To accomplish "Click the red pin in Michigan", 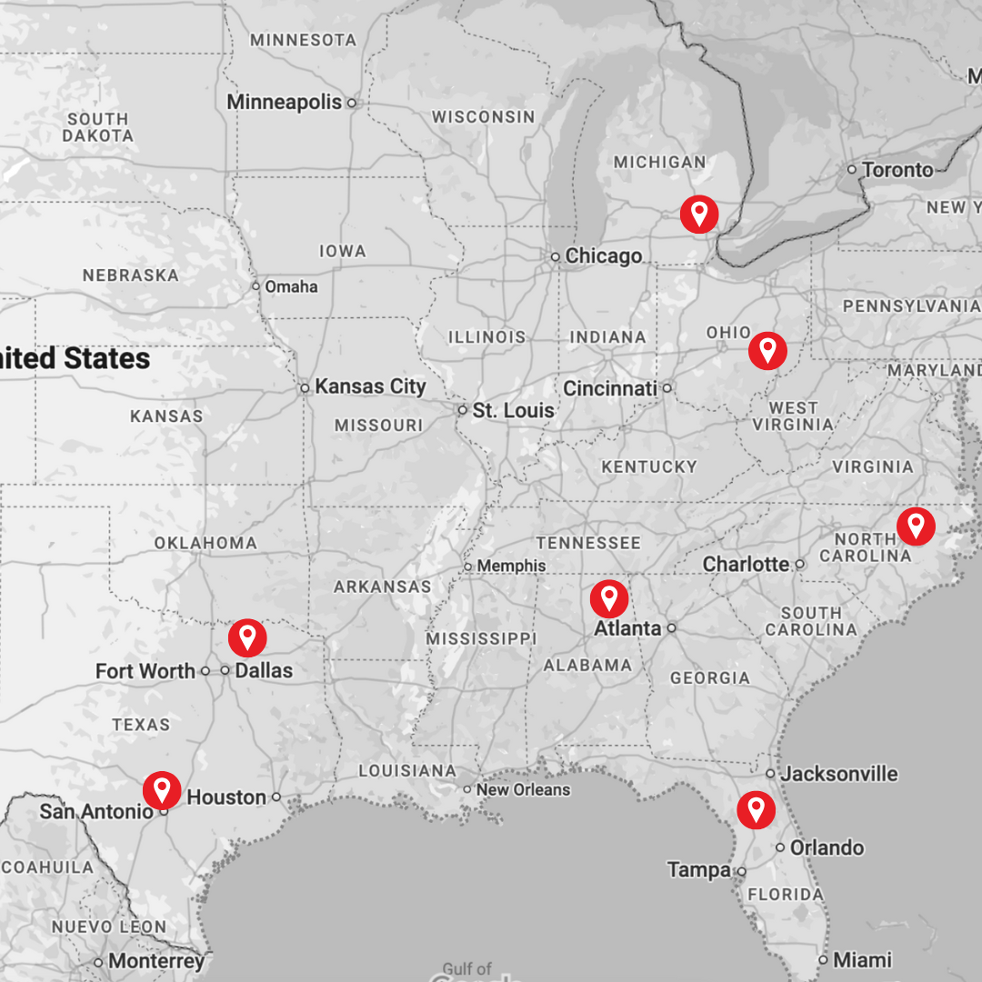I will tap(699, 215).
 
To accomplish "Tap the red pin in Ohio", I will tap(767, 349).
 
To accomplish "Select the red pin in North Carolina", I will tap(916, 526).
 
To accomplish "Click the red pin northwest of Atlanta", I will tap(609, 598).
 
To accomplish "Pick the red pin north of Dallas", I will tap(247, 637).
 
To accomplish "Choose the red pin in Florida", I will tap(756, 808).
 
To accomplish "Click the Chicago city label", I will tap(603, 256).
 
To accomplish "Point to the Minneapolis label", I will tap(284, 102).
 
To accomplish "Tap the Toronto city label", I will tap(897, 170).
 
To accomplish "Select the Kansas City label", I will tap(370, 386).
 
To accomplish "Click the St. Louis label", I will tap(513, 411).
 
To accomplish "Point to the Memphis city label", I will tap(511, 566).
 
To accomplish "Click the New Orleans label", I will tap(523, 789).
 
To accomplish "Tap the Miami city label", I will tap(863, 959).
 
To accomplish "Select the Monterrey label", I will tap(156, 961).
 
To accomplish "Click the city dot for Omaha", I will tap(256, 286).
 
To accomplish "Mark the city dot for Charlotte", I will tap(800, 564).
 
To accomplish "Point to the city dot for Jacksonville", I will tap(770, 774).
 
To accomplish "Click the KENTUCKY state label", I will tap(649, 466).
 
